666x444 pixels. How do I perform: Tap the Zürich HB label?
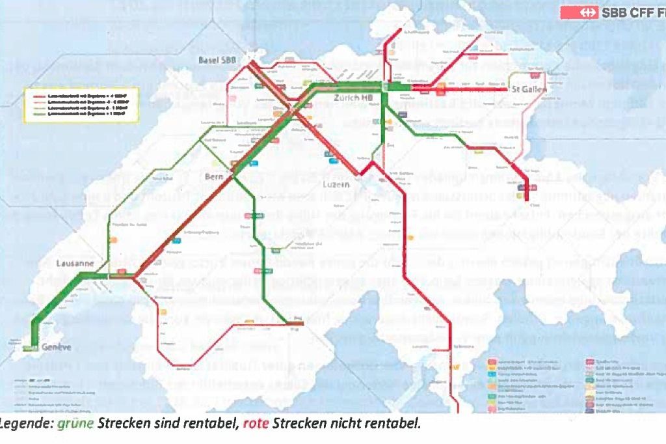[353, 98]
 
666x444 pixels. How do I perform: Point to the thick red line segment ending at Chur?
[524, 192]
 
